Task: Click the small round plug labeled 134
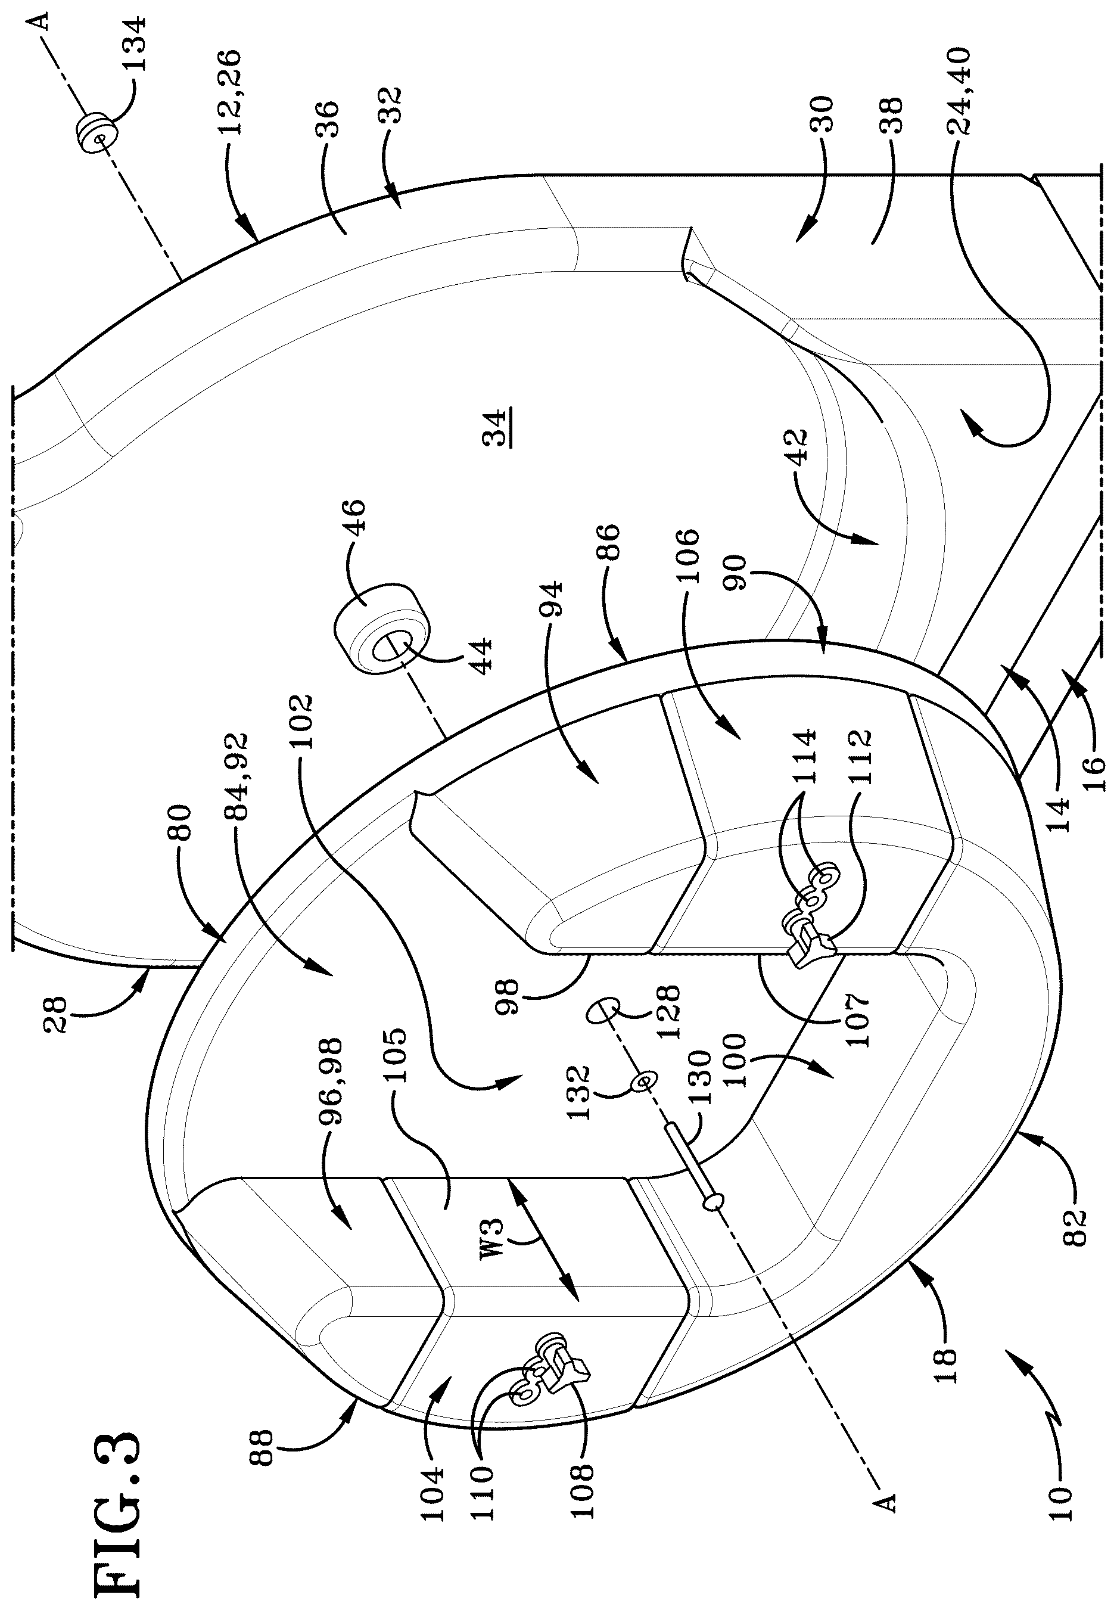click(x=96, y=131)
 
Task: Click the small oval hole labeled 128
click(x=603, y=1012)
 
